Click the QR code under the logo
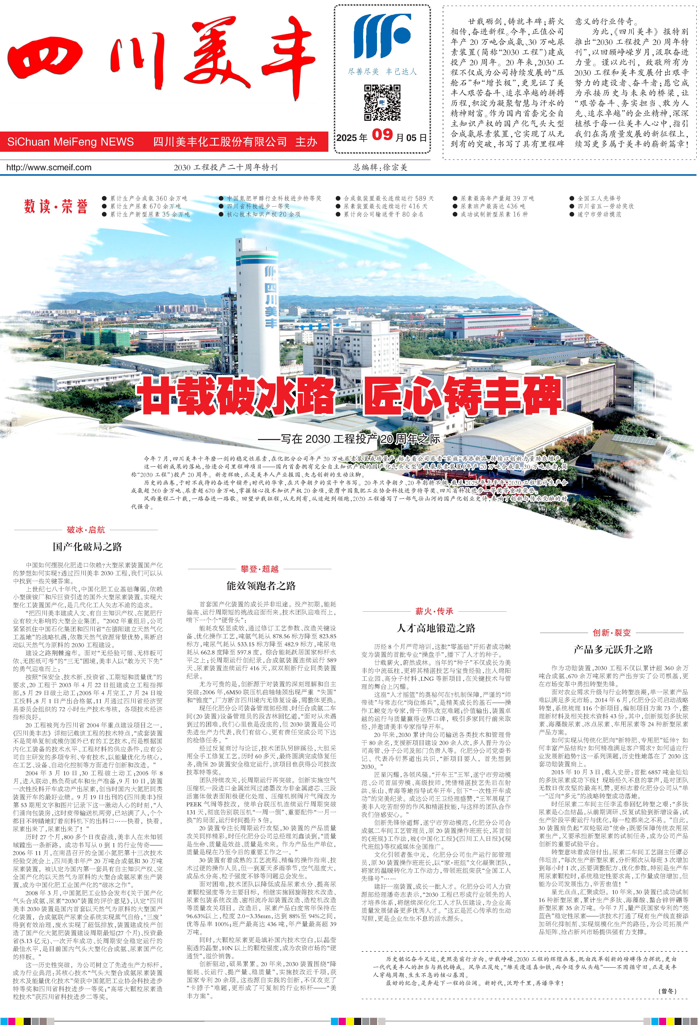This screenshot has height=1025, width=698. pos(382,103)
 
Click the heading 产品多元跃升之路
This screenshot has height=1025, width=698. pos(613,649)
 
